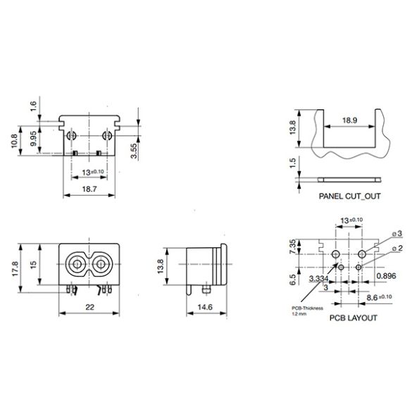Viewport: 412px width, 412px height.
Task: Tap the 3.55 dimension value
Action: coord(134,150)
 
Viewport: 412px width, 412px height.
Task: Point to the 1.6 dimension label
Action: coord(32,107)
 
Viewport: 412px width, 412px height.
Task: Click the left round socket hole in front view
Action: coord(73,266)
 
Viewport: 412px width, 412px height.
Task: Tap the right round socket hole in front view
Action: coord(101,266)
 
